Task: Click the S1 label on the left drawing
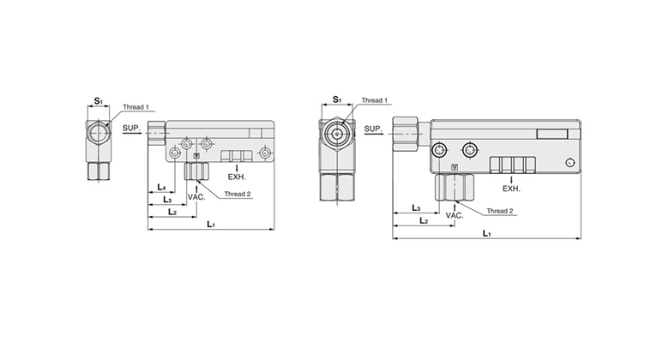99,101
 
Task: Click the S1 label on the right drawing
337,99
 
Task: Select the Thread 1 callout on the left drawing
136,107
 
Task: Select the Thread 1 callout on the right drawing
375,100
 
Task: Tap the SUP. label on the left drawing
131,128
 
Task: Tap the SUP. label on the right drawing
373,129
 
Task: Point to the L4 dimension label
161,187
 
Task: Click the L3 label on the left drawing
167,199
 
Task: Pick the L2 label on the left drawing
172,212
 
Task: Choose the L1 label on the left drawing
211,224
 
